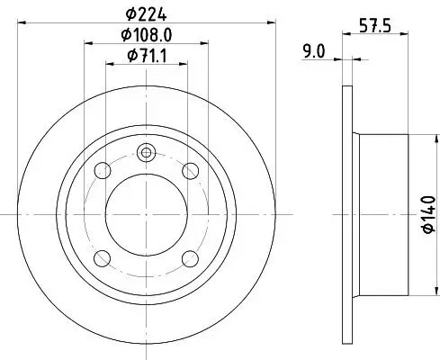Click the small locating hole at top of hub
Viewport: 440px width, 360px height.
146,152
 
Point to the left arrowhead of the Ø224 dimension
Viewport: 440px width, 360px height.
22,22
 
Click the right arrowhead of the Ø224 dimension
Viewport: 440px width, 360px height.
270,22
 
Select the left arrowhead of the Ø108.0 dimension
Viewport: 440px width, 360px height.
88,42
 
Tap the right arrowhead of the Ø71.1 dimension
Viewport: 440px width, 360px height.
184,63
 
